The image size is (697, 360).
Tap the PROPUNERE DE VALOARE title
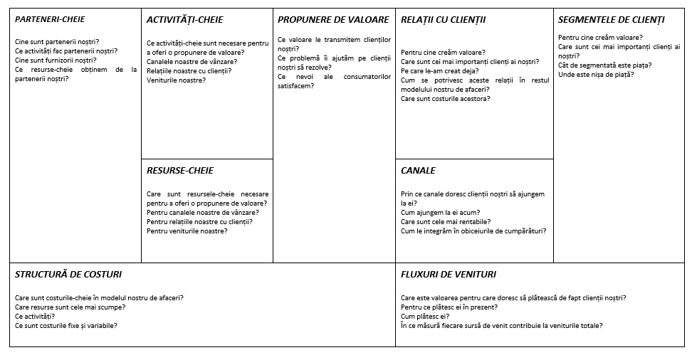[x=333, y=19]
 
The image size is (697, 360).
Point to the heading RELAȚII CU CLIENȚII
[x=443, y=19]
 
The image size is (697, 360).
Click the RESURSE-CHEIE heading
[x=180, y=171]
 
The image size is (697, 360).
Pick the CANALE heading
[x=418, y=171]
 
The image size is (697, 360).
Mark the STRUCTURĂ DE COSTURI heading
[x=68, y=274]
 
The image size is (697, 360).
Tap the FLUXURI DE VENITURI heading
[x=449, y=274]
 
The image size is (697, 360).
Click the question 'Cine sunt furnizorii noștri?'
[x=55, y=60]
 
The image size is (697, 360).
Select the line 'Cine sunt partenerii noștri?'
[x=57, y=42]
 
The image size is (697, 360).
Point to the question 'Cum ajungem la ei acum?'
[x=440, y=213]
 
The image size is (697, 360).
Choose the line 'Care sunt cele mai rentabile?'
[x=446, y=222]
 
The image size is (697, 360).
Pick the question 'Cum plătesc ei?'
[x=425, y=317]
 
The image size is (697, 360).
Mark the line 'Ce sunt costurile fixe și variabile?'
[x=66, y=326]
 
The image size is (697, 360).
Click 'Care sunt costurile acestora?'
[x=446, y=99]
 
